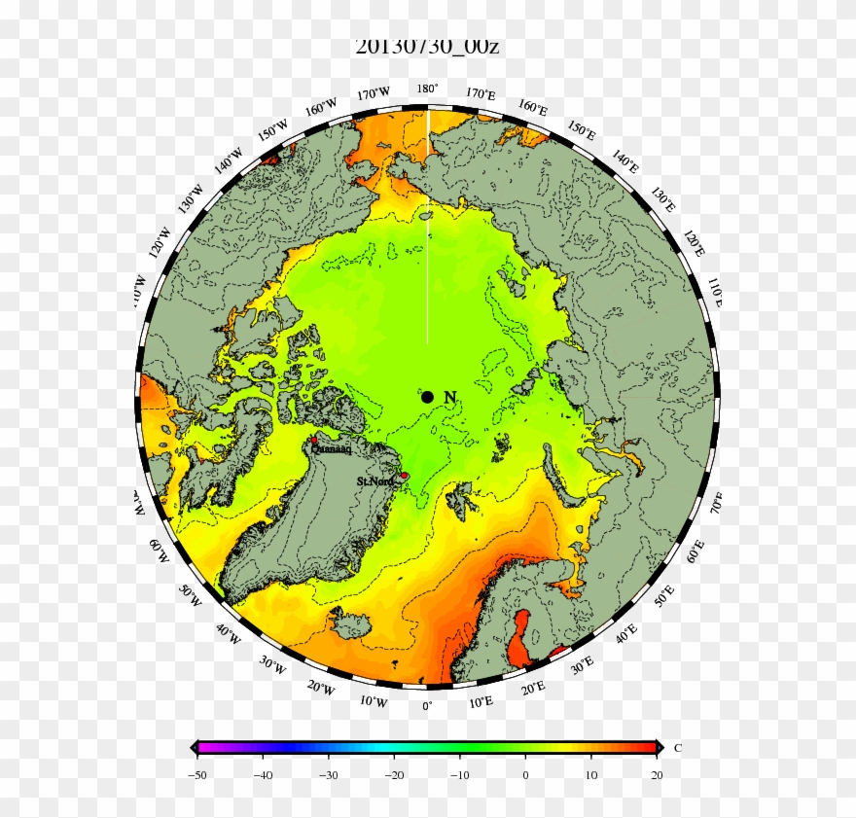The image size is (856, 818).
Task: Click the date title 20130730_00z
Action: click(x=427, y=46)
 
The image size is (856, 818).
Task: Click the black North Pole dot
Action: click(x=427, y=397)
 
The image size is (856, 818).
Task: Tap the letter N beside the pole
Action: click(x=449, y=397)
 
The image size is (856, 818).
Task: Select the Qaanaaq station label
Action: click(x=334, y=449)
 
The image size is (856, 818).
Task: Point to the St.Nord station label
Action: click(x=374, y=481)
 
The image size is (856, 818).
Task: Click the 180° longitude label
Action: click(x=427, y=89)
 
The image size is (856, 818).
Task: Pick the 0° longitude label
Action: click(x=426, y=706)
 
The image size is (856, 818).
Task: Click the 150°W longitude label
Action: click(x=271, y=131)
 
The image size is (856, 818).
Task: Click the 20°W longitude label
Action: click(x=320, y=689)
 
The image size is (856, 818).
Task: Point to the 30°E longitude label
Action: click(x=582, y=665)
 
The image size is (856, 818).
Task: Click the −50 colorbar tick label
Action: click(x=197, y=775)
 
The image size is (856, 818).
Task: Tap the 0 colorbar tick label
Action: click(x=525, y=775)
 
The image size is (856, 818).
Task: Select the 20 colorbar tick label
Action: click(x=657, y=775)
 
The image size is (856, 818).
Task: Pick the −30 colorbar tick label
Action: click(x=329, y=775)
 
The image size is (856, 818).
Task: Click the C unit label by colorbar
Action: click(x=677, y=748)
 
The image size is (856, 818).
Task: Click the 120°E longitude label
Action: click(x=694, y=244)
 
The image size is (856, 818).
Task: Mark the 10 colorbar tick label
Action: click(x=591, y=775)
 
